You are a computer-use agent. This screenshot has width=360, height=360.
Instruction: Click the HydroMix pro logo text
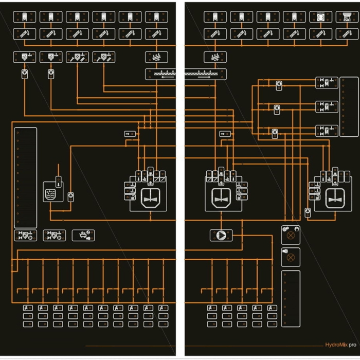[340, 346]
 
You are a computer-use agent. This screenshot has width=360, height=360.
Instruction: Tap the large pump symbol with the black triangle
[221, 235]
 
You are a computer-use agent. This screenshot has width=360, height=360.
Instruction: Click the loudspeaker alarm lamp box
[291, 256]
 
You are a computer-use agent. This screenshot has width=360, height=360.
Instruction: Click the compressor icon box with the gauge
[82, 235]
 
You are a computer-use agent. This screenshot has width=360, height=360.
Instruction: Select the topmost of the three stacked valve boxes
[327, 83]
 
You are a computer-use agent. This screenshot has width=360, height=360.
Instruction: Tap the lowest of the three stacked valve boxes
[327, 131]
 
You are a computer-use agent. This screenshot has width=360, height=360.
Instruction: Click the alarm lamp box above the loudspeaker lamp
[291, 235]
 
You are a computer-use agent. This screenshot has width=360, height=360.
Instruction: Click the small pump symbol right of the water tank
[71, 196]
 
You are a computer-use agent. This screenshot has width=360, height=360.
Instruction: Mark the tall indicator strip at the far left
[25, 177]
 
